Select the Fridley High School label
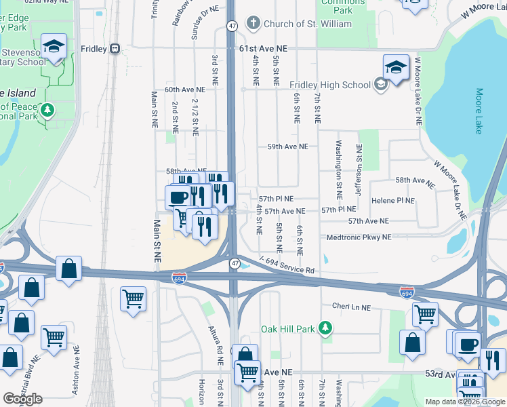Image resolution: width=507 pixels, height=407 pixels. click(x=330, y=85)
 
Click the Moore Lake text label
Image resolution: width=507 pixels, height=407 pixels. click(x=479, y=111)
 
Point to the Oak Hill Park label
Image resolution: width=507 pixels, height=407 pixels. click(x=288, y=329)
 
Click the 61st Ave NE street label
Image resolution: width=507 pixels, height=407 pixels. click(x=264, y=49)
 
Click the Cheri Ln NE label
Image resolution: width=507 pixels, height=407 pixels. click(x=351, y=307)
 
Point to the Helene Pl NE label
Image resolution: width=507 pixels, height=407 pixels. click(x=392, y=201)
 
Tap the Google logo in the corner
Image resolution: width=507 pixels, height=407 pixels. click(x=22, y=399)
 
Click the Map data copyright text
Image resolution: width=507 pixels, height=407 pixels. click(x=465, y=402)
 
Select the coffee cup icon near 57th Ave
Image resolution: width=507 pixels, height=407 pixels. click(x=178, y=197)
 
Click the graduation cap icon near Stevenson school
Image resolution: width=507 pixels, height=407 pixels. click(x=54, y=47)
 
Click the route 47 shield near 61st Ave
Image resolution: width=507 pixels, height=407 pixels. click(x=232, y=25)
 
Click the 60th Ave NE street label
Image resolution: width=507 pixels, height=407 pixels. click(x=184, y=90)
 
